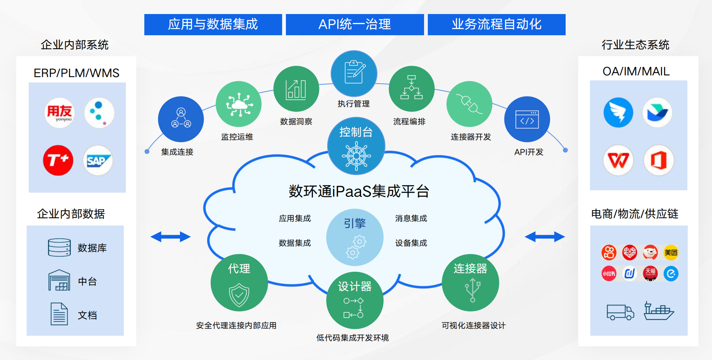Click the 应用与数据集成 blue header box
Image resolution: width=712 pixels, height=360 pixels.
(213, 25)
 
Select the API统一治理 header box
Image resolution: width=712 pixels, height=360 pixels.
(355, 25)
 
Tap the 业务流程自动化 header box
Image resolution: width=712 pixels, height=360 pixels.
(497, 25)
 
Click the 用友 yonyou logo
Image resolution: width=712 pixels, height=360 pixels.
(60, 113)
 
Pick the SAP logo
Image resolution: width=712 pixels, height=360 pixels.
(98, 160)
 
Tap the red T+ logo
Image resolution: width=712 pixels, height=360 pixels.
(58, 160)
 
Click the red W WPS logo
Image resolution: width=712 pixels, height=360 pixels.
(618, 160)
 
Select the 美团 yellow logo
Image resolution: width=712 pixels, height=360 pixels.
(671, 253)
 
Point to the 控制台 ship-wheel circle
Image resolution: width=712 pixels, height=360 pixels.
(356, 146)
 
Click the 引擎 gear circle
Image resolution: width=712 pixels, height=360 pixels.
(355, 237)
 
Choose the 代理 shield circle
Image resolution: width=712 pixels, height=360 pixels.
(239, 283)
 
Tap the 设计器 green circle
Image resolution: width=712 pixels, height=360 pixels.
(355, 300)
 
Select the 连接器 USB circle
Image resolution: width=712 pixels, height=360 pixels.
(470, 283)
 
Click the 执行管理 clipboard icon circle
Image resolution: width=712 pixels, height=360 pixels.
(354, 74)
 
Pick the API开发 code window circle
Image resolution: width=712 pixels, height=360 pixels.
(527, 119)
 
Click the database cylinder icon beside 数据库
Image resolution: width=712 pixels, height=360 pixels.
(60, 247)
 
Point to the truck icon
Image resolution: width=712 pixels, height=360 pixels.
(620, 312)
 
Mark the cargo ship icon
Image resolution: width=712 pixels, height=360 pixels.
(659, 311)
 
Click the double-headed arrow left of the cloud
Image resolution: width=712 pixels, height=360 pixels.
(170, 236)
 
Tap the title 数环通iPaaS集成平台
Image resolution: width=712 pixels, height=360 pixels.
(359, 191)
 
